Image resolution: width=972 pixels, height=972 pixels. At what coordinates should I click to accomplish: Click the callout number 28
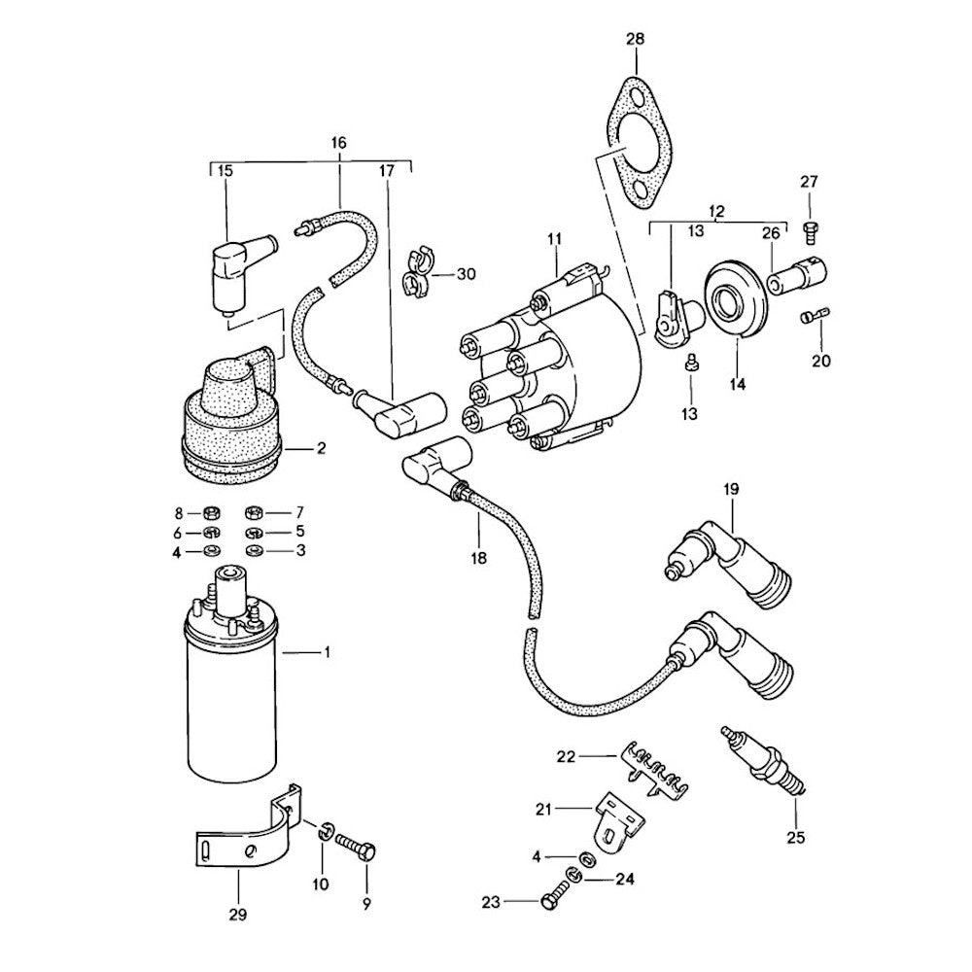[634, 40]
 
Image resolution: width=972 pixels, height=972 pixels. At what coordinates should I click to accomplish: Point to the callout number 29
[238, 915]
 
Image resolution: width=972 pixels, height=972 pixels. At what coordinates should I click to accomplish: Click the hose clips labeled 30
[416, 271]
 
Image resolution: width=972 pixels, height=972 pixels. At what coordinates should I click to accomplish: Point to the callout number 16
[338, 143]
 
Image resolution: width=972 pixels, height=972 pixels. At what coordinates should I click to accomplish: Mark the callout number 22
[593, 755]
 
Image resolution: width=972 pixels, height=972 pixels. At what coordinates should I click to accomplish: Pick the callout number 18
[478, 559]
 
